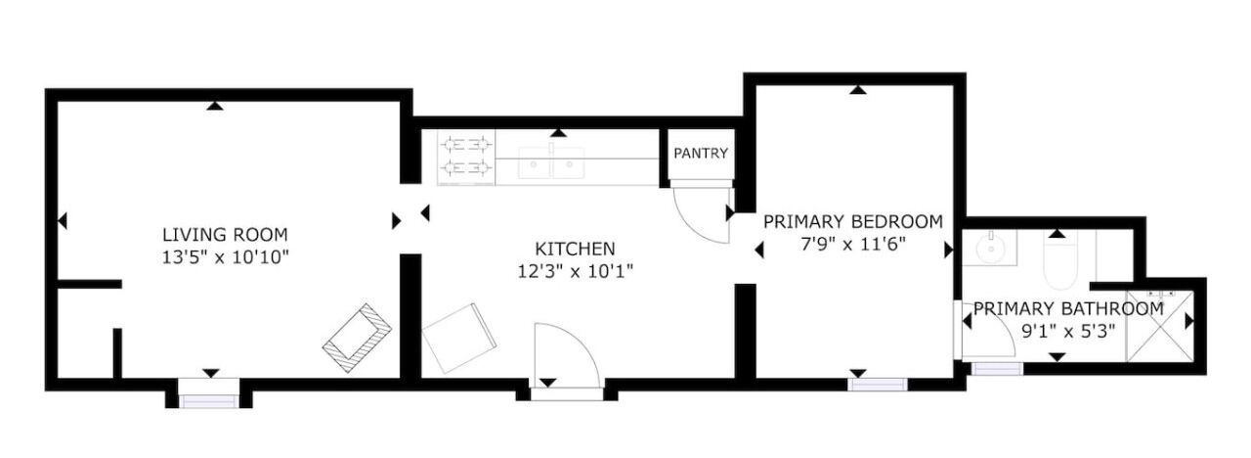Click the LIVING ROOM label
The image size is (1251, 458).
[x=225, y=234]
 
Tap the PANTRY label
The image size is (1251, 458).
[x=701, y=154]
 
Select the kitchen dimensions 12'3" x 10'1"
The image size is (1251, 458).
[x=576, y=272]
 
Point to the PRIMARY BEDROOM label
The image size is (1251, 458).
[x=853, y=222]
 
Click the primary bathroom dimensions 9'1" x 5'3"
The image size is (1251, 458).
[x=1068, y=332]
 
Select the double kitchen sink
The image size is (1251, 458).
[x=551, y=162]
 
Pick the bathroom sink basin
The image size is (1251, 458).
[x=990, y=248]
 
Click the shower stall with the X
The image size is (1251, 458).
[x=1159, y=326]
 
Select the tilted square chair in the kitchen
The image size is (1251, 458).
[x=458, y=339]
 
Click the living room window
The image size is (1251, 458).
[x=209, y=401]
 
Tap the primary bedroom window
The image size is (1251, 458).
[x=877, y=385]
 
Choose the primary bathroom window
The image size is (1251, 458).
[x=998, y=369]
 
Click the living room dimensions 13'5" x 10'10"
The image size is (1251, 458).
[x=225, y=257]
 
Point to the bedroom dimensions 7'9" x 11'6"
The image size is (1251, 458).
[x=853, y=245]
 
